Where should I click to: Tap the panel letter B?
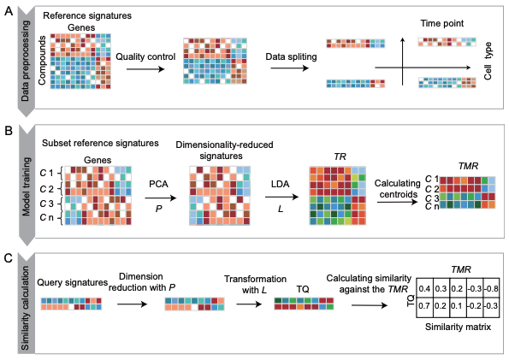tap(8, 132)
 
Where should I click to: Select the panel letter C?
tap(8, 255)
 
